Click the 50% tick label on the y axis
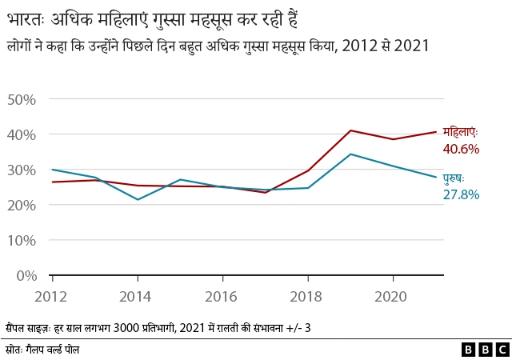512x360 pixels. tap(21, 99)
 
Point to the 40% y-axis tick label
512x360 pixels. tap(21, 134)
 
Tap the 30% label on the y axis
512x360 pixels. tap(21, 170)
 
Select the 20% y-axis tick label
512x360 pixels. tap(21, 205)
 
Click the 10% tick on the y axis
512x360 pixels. tap(21, 240)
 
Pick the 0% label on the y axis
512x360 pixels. tap(25, 275)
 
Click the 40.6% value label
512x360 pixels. tap(460, 149)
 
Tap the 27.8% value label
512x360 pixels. tap(460, 194)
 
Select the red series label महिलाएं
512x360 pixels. tap(460, 132)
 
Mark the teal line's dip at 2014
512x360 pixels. tap(138, 199)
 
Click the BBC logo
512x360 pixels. tap(485, 350)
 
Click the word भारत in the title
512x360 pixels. tap(26, 16)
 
